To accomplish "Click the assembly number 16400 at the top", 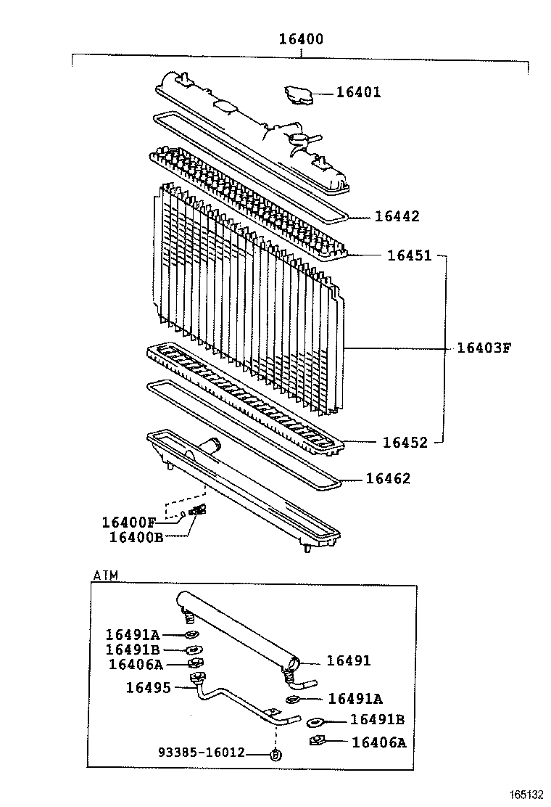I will pyautogui.click(x=301, y=39).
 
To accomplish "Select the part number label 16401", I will pyautogui.click(x=358, y=92).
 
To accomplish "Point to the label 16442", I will pyautogui.click(x=397, y=216).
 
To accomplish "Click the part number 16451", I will pyautogui.click(x=409, y=255).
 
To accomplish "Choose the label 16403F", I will pyautogui.click(x=484, y=348).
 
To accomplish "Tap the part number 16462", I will pyautogui.click(x=388, y=478).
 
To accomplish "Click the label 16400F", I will pyautogui.click(x=128, y=522).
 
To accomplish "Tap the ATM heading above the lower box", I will pyautogui.click(x=106, y=575).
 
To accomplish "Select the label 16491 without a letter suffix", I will pyautogui.click(x=348, y=660).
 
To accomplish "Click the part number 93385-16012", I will pyautogui.click(x=202, y=753).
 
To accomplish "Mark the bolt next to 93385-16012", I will pyautogui.click(x=275, y=754).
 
